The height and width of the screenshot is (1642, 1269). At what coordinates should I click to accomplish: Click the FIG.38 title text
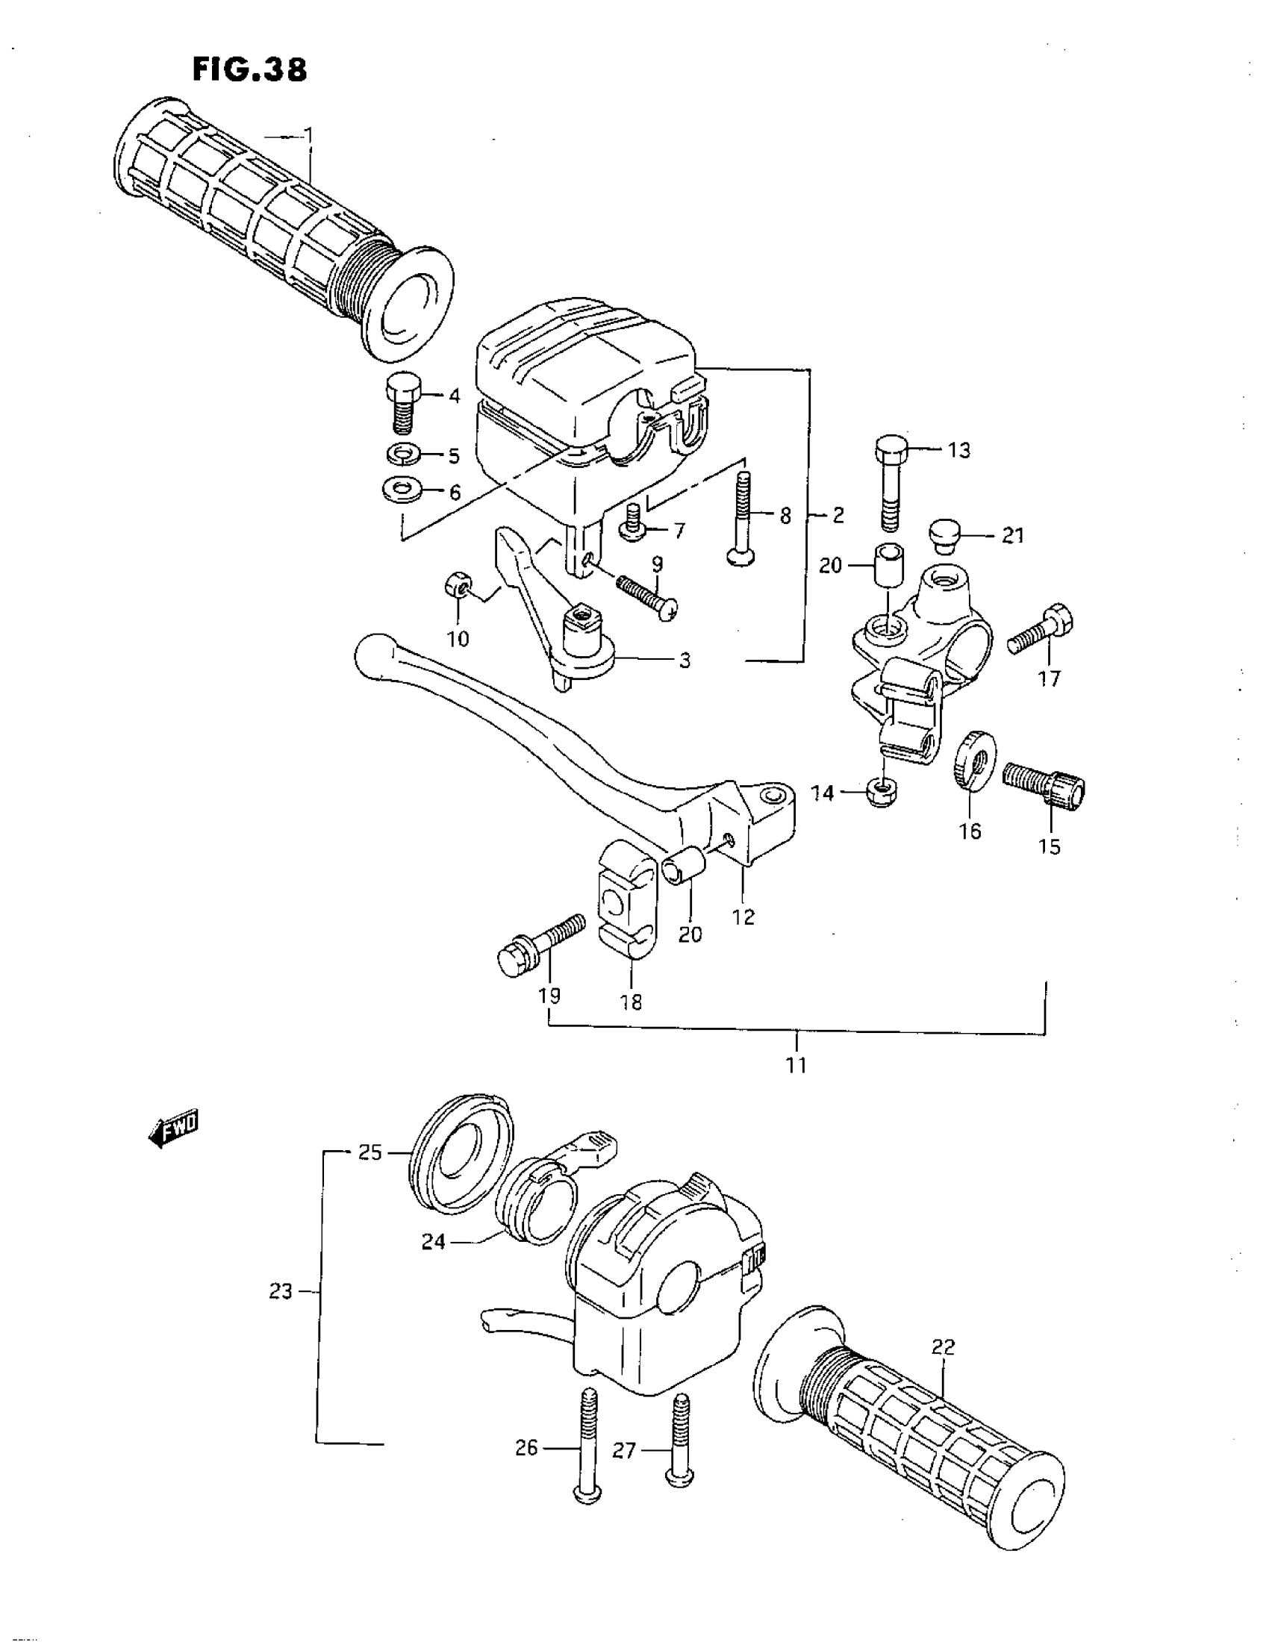point(249,70)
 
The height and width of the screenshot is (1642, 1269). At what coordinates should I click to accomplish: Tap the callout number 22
point(942,1347)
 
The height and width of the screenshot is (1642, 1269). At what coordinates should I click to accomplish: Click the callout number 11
point(796,1064)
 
